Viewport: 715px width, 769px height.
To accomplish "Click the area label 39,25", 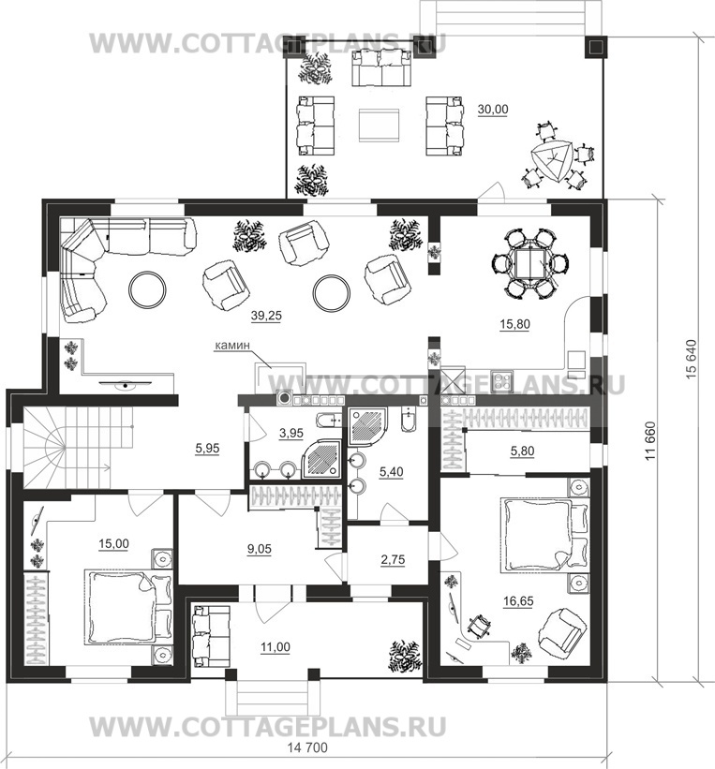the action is pyautogui.click(x=266, y=316).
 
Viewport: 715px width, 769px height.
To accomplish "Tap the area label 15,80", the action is pyautogui.click(x=514, y=324).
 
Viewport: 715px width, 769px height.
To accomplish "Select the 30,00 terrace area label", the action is pyautogui.click(x=493, y=110).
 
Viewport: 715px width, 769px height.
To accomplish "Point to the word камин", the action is pyautogui.click(x=232, y=346).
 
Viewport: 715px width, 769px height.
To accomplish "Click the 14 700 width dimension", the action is pyautogui.click(x=307, y=747).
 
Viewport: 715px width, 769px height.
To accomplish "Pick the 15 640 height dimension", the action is pyautogui.click(x=692, y=359).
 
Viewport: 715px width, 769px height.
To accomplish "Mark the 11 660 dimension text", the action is pyautogui.click(x=650, y=441).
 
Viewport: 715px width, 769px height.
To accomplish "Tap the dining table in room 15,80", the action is pyautogui.click(x=530, y=263).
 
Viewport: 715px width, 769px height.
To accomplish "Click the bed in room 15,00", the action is pyautogui.click(x=128, y=607).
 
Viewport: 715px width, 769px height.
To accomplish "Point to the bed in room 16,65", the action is pyautogui.click(x=544, y=535).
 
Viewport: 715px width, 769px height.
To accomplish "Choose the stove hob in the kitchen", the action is pyautogui.click(x=502, y=381).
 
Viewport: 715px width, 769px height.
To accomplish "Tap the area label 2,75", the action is pyautogui.click(x=393, y=560).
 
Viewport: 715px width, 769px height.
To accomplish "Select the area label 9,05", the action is pyautogui.click(x=260, y=549).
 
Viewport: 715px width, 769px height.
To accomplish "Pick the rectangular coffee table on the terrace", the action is pyautogui.click(x=379, y=126).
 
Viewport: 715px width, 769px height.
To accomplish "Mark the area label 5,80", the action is pyautogui.click(x=522, y=451).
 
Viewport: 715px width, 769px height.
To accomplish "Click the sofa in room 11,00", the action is pyautogui.click(x=212, y=636).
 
